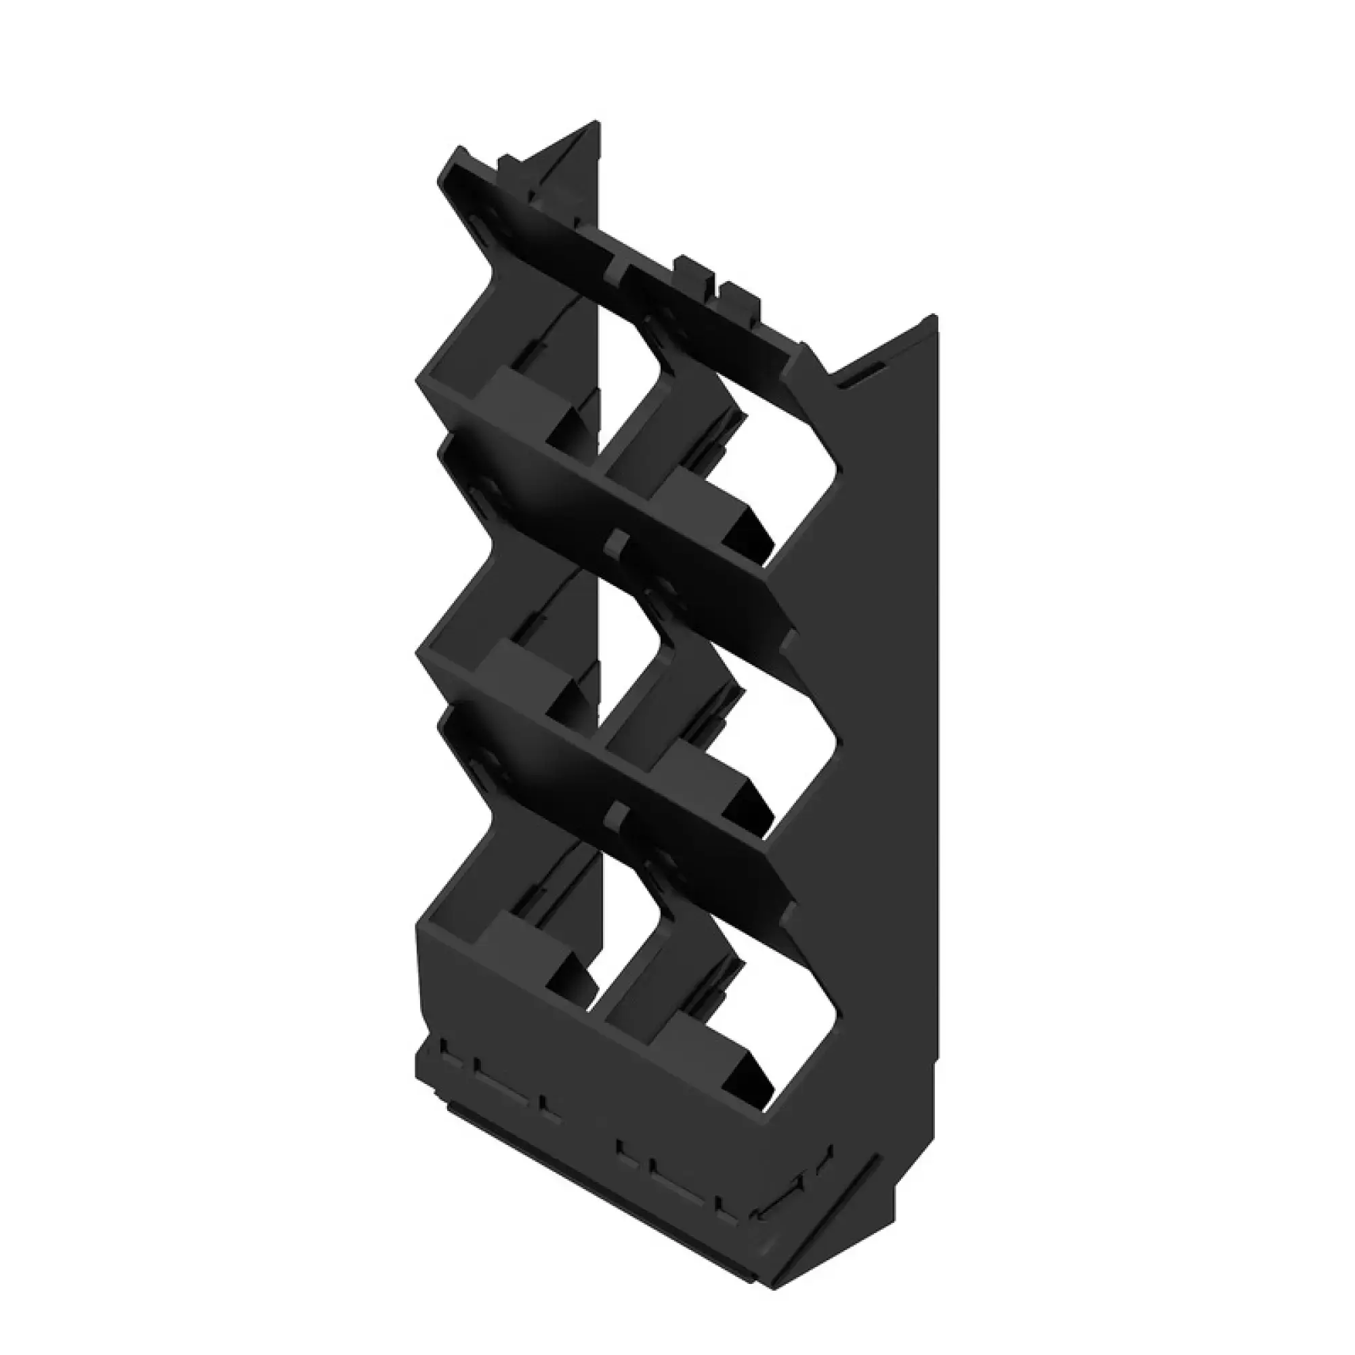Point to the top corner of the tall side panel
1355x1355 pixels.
935,318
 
